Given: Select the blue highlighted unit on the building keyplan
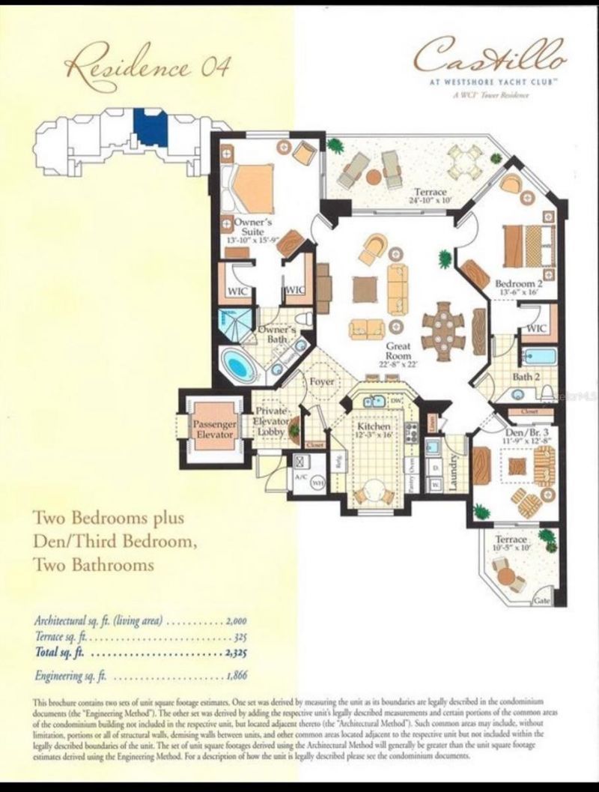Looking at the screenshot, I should tap(150, 127).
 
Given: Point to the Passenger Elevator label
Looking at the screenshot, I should tap(215, 429).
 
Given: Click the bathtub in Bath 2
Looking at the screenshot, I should tap(538, 357).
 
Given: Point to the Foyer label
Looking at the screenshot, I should tap(322, 381).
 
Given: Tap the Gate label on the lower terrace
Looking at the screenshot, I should tap(542, 602).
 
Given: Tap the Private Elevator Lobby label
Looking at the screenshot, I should tap(273, 422).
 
